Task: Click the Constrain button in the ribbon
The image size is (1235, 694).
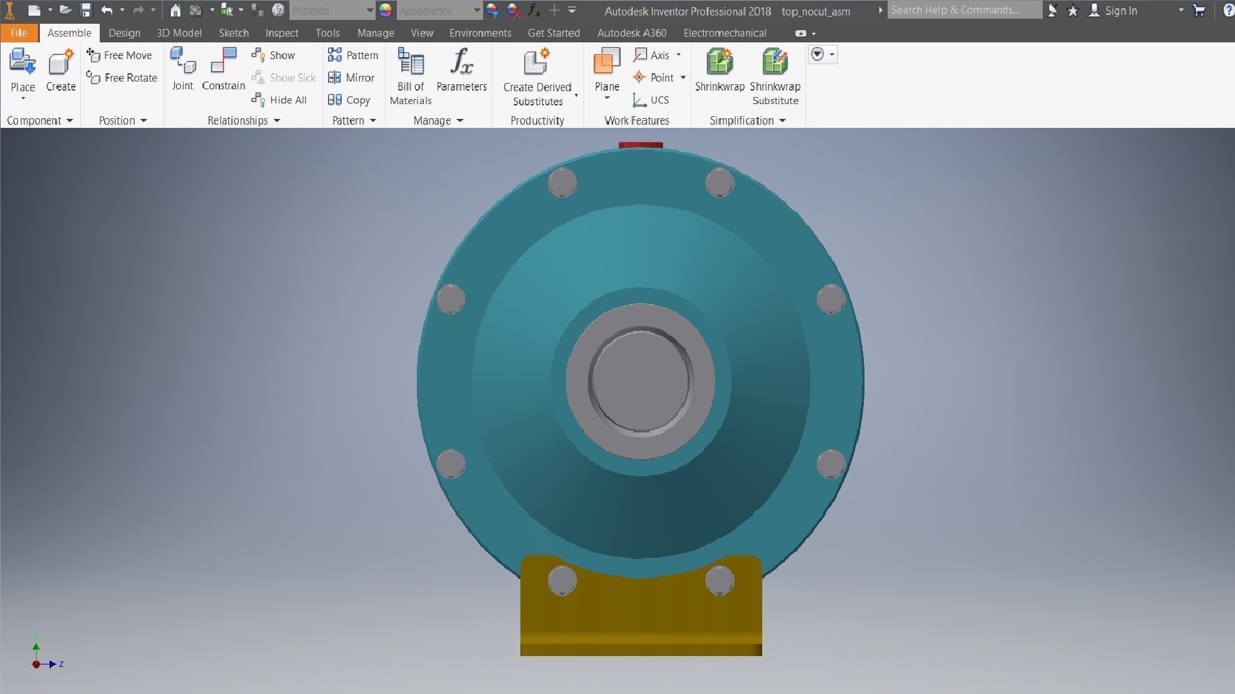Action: pos(223,69)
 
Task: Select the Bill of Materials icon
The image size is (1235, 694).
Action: pos(410,76)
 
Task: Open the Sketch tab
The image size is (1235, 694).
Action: pos(233,33)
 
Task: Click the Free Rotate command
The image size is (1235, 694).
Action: pos(122,78)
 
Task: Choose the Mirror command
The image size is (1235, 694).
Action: pos(351,78)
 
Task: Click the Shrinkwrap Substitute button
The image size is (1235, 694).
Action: pos(774,76)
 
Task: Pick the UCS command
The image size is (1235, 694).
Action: pos(651,100)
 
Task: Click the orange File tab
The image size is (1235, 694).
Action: pos(19,33)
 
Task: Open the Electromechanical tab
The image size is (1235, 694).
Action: pos(724,33)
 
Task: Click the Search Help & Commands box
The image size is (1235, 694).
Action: pos(963,10)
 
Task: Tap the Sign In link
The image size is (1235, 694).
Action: pos(1120,11)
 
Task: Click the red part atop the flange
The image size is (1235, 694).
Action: pos(641,145)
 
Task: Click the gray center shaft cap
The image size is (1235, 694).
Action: pos(640,381)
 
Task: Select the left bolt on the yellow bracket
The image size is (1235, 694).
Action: pos(562,580)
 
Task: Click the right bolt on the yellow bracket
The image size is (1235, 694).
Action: pos(719,580)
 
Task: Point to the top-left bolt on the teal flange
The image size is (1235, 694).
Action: pos(562,182)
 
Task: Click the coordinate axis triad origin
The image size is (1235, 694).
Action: pos(37,664)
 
